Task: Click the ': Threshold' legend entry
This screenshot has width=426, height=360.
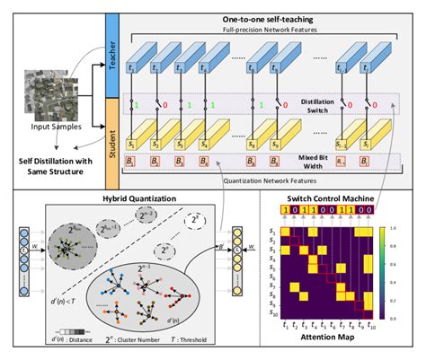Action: [199, 342]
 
